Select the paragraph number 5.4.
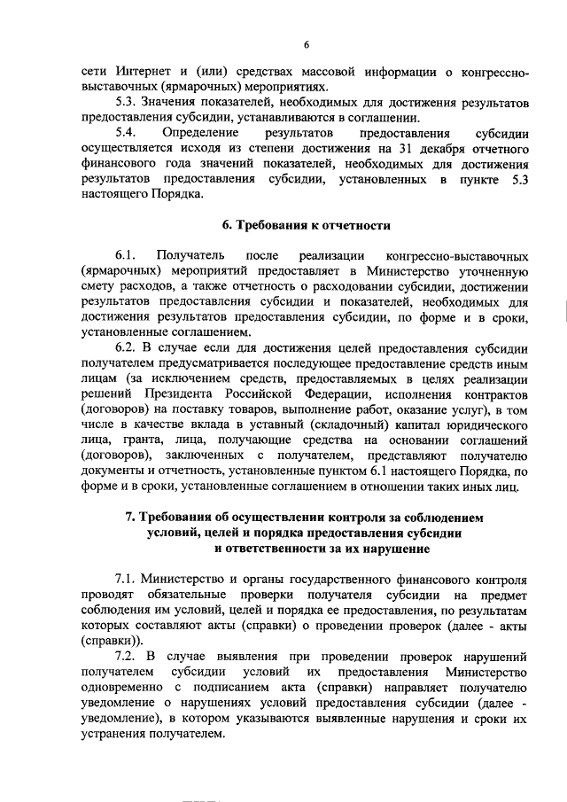[129, 133]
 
